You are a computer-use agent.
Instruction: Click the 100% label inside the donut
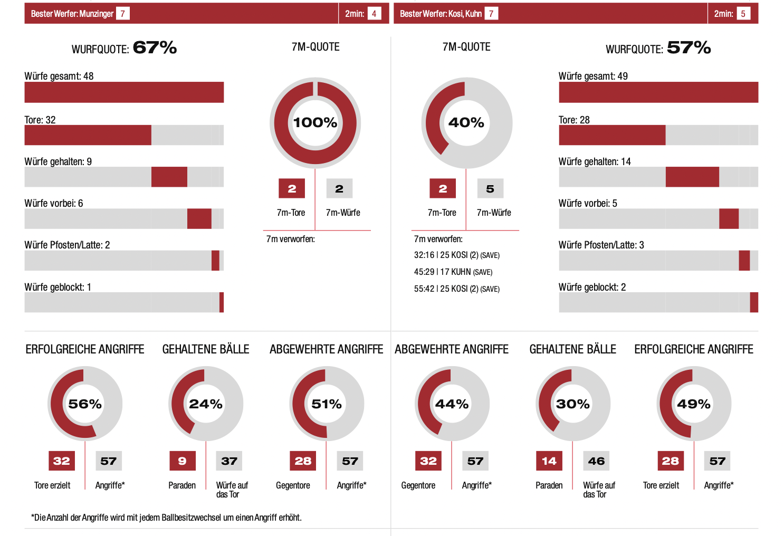(315, 122)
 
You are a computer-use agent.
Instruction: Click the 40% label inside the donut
(466, 122)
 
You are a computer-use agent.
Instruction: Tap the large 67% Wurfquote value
(155, 47)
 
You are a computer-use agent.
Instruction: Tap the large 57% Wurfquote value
(689, 47)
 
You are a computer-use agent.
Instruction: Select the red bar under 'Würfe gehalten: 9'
(169, 177)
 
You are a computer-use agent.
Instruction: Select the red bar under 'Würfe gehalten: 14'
(692, 177)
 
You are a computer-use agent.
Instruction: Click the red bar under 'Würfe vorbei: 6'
(199, 218)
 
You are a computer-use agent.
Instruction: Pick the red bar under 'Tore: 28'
(612, 135)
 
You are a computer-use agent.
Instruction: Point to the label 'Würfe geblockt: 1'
(58, 287)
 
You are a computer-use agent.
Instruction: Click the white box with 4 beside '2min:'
(374, 14)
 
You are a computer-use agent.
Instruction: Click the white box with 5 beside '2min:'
(743, 14)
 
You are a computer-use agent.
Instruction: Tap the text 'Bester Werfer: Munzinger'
(72, 14)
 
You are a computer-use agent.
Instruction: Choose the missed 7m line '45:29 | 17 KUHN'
(453, 272)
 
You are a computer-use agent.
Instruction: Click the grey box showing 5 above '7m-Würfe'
(490, 188)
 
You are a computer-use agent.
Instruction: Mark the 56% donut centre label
(85, 404)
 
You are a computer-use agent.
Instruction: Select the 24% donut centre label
(206, 404)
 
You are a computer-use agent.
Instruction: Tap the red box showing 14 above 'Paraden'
(549, 461)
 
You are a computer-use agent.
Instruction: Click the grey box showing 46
(596, 461)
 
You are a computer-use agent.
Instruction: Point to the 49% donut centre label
(694, 404)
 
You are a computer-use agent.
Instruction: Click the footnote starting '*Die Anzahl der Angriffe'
(166, 518)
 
